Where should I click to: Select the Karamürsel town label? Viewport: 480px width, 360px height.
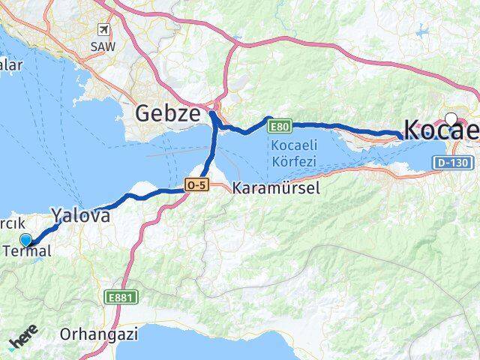tap(276, 188)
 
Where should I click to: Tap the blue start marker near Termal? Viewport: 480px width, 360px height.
tap(26, 240)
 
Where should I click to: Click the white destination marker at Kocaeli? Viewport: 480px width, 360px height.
tap(451, 118)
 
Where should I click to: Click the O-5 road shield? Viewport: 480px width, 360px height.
tap(196, 184)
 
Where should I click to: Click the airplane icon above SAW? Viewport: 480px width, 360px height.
tap(103, 29)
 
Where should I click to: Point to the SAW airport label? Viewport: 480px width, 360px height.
tap(102, 46)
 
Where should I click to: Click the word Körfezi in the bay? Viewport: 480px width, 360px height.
tap(292, 160)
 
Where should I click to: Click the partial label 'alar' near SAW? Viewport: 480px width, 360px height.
tap(11, 64)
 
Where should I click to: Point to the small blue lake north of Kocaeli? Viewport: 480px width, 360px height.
tap(424, 32)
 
